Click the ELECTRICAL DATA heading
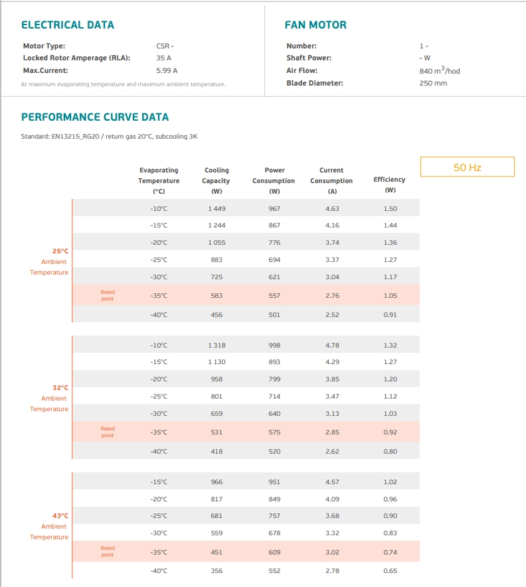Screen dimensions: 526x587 68,25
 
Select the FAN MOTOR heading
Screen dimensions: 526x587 315,25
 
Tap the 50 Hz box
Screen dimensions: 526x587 467,167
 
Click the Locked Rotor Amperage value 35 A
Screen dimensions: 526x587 163,58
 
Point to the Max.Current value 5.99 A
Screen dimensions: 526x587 167,70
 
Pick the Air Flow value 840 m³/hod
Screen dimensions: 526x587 440,70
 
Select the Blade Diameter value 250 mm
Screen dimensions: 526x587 433,83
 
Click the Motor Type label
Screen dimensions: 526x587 44,46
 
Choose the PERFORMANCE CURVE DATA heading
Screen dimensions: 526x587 95,117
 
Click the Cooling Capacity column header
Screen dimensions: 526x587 217,180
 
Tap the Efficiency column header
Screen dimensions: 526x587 390,184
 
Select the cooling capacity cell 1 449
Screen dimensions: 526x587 217,208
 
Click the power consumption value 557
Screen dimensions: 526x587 274,295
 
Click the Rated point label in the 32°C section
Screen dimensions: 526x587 107,432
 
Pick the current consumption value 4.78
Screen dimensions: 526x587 332,345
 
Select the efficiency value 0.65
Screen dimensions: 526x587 390,571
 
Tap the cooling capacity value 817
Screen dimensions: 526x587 217,499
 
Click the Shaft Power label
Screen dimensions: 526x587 309,58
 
